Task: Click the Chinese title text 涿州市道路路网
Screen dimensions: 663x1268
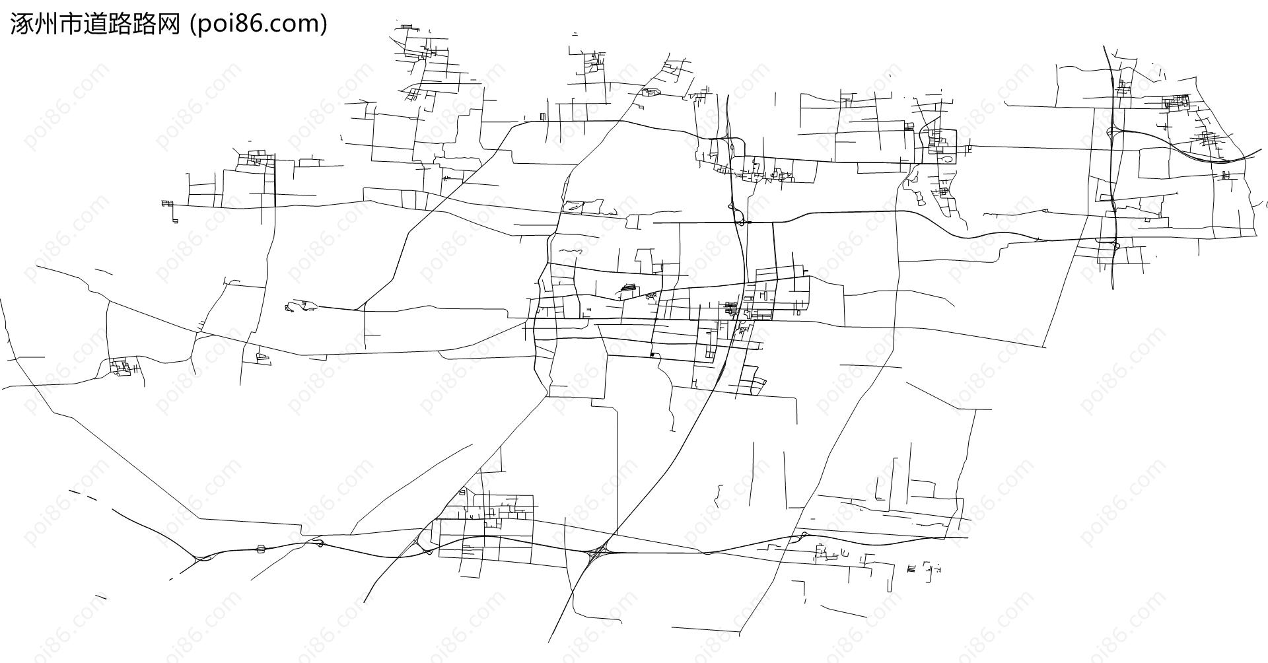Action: (x=95, y=24)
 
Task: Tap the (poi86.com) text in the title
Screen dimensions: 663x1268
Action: (x=258, y=24)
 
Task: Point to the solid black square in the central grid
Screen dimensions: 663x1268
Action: (x=652, y=355)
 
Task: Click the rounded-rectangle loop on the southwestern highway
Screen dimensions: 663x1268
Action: (x=261, y=548)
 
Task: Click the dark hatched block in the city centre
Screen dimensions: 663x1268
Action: (x=731, y=308)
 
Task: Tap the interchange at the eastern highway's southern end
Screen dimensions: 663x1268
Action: (x=1114, y=245)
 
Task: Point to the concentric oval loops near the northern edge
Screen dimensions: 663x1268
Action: (x=650, y=92)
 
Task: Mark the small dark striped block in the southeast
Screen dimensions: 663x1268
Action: (x=911, y=568)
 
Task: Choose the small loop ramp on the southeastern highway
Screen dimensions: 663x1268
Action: (x=804, y=534)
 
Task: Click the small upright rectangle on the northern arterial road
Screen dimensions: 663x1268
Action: (x=542, y=117)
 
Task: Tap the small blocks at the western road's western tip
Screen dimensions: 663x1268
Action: (x=166, y=203)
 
